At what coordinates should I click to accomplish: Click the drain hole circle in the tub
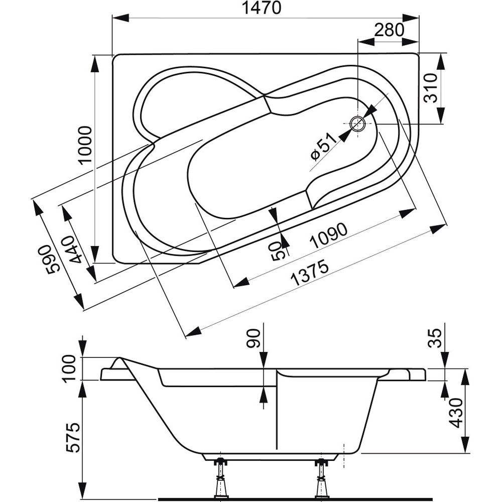(358, 123)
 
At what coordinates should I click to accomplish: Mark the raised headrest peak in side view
(119, 360)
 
